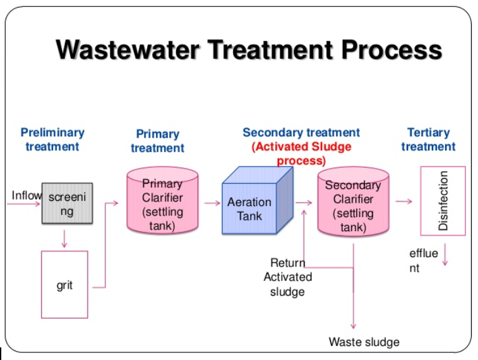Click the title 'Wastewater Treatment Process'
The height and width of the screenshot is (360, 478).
click(249, 50)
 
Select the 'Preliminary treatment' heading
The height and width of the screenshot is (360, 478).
click(52, 140)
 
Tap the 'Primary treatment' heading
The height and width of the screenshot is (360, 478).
click(157, 141)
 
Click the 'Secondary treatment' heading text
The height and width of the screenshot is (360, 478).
click(301, 133)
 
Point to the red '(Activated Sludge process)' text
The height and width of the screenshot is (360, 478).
click(301, 153)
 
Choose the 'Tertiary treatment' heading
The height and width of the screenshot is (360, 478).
click(428, 140)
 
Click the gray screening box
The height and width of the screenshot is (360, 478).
click(67, 203)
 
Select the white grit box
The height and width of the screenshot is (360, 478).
click(64, 284)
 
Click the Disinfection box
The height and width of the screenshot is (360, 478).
click(443, 201)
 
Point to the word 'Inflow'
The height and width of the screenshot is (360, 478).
click(26, 195)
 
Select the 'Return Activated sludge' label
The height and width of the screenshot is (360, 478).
click(287, 277)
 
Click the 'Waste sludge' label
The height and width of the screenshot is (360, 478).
click(364, 342)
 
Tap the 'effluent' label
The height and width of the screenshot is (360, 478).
click(422, 260)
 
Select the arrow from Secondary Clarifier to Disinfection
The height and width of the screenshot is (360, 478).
click(404, 201)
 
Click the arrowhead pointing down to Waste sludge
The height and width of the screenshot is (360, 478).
click(353, 325)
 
